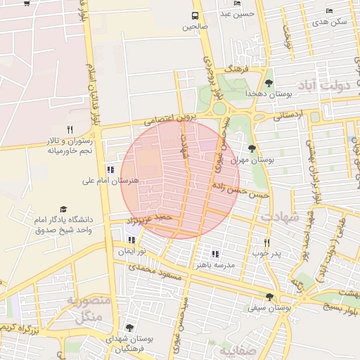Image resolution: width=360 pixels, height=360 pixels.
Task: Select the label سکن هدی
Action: (330, 22)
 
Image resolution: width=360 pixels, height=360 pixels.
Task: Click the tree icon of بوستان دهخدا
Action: (269, 83)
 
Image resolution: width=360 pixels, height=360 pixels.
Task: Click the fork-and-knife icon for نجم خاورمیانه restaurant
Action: (69, 129)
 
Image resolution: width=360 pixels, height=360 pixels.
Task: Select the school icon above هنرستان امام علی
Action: (110, 169)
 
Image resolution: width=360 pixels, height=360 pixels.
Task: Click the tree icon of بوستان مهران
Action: (252, 148)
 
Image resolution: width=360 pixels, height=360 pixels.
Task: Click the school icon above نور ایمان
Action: (131, 239)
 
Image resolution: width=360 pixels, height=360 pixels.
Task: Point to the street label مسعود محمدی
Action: (156, 271)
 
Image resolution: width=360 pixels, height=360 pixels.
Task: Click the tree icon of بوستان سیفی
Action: (270, 296)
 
